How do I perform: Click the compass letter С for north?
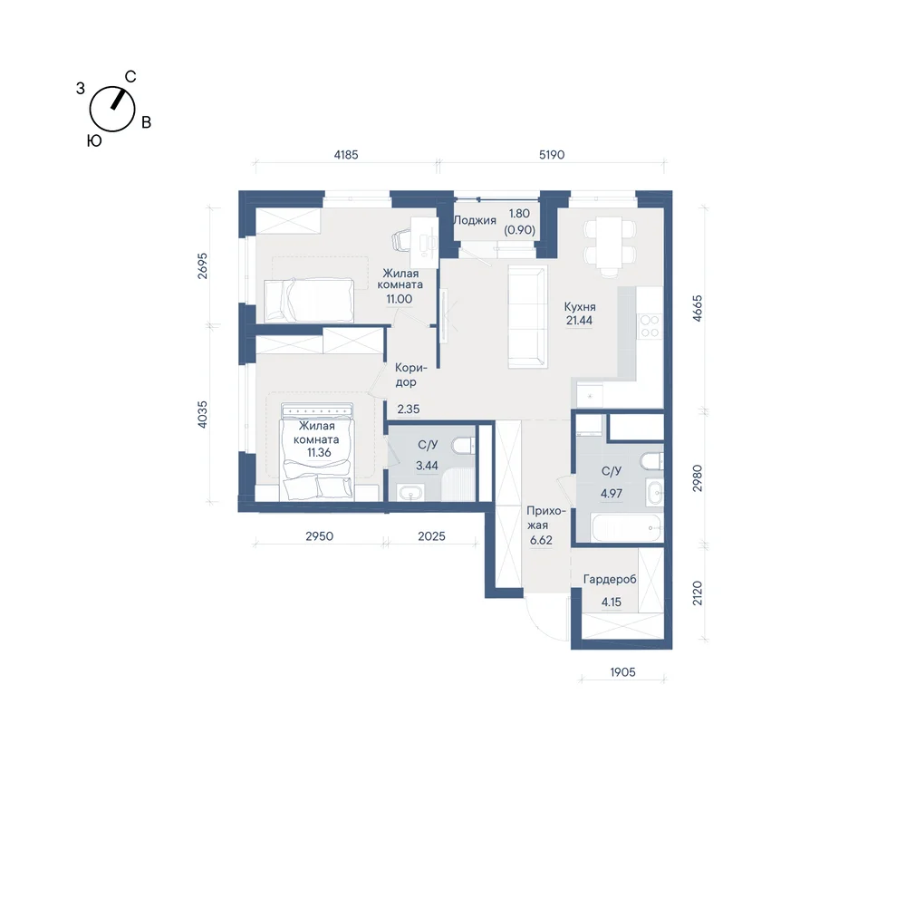pos(130,77)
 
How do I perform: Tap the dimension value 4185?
pos(346,155)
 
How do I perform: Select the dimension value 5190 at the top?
pos(552,155)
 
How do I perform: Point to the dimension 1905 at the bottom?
pos(623,672)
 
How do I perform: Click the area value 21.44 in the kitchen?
pos(579,321)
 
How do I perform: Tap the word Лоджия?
pos(475,220)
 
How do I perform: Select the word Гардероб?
pos(610,579)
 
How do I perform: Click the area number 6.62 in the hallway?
pos(541,540)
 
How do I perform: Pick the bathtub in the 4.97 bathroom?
pos(626,527)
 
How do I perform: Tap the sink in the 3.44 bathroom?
pos(410,493)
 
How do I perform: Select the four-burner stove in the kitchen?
pos(650,326)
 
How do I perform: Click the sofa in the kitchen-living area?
pos(527,316)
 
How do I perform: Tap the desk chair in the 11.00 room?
pos(403,240)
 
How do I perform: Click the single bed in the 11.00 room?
pos(309,300)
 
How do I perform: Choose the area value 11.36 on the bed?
pos(319,452)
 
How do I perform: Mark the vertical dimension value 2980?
pos(698,477)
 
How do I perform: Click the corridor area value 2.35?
pos(409,410)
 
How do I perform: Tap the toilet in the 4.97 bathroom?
pos(651,461)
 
